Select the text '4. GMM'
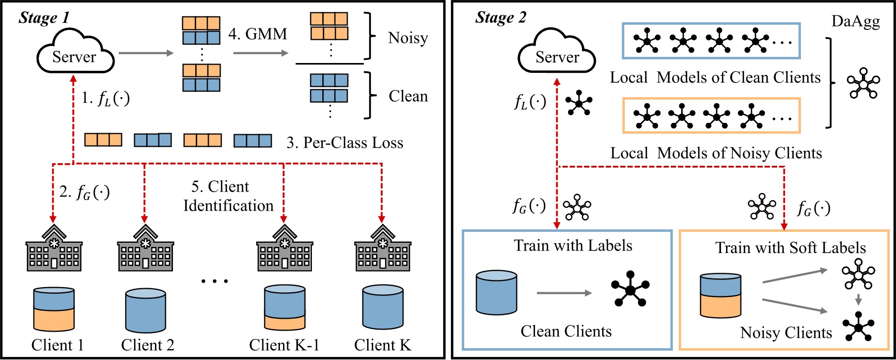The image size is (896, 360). point(258,34)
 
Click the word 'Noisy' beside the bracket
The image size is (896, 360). point(408,38)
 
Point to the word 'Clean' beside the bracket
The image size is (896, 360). point(408,97)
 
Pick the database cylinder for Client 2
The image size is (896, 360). point(146,310)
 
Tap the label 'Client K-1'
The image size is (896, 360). point(284,345)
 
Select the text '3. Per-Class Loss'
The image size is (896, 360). point(344,143)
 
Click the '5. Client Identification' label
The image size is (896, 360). point(228,196)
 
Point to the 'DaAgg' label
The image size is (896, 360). point(855,22)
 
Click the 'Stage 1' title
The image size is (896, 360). point(44,18)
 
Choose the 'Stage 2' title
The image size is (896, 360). point(500,18)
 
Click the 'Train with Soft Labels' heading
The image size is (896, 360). point(790,248)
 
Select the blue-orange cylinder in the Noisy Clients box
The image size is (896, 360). point(720,295)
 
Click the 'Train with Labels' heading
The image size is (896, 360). point(573,246)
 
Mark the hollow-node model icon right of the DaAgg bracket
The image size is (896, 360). point(862,83)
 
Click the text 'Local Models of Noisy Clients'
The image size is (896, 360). point(716,153)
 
